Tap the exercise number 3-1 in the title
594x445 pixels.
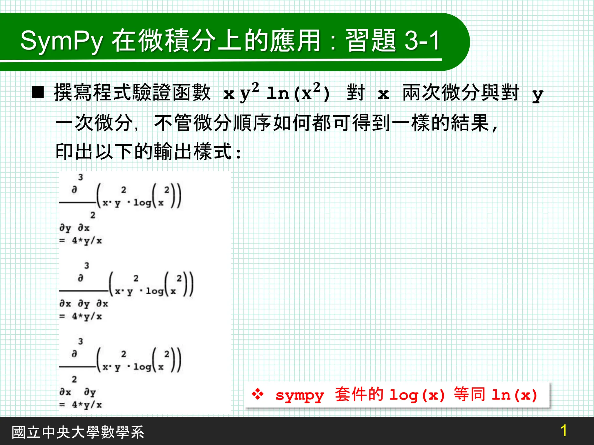(422, 41)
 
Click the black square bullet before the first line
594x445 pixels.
(38, 92)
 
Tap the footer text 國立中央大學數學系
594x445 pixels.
(78, 432)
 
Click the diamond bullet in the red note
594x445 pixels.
(258, 394)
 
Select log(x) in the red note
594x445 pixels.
(417, 395)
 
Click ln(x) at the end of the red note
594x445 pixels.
(514, 395)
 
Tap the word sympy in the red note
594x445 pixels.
(300, 396)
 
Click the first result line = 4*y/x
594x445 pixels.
(81, 240)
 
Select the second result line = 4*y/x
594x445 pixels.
(81, 316)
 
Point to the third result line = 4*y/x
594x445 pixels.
(81, 405)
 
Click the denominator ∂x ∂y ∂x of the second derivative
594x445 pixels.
(84, 304)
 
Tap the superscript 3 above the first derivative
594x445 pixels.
(81, 177)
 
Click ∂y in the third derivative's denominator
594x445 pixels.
(90, 393)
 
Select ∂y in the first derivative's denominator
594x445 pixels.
(65, 228)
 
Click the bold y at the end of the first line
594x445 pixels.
(537, 95)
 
